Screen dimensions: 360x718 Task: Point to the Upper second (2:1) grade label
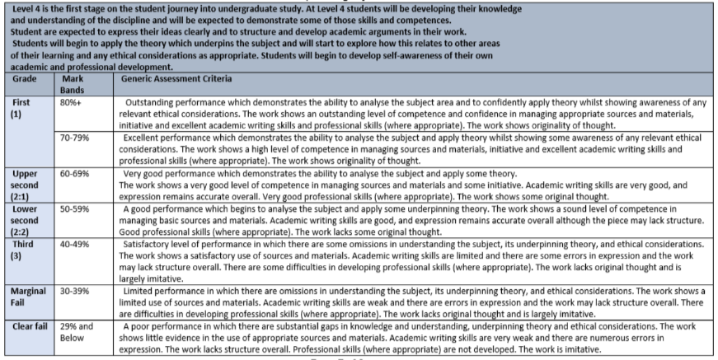21,185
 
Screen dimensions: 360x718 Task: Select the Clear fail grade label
27,326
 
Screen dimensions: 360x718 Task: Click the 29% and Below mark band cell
78,331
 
